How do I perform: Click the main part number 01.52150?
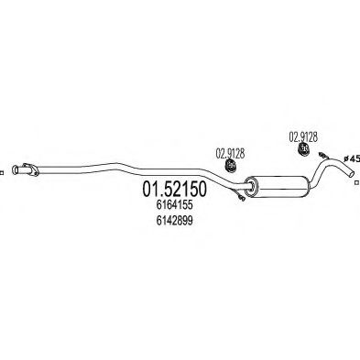pyautogui.click(x=174, y=189)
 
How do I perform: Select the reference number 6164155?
pyautogui.click(x=174, y=205)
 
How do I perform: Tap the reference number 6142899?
pyautogui.click(x=174, y=221)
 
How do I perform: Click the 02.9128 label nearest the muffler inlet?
pyautogui.click(x=230, y=154)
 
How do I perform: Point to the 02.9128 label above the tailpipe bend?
pyautogui.click(x=303, y=136)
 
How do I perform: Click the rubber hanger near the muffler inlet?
pyautogui.click(x=231, y=165)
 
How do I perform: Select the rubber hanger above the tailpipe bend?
pyautogui.click(x=303, y=148)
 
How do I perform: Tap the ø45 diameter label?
pyautogui.click(x=352, y=158)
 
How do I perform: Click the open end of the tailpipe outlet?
pyautogui.click(x=352, y=173)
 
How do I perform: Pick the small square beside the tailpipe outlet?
pyautogui.click(x=356, y=182)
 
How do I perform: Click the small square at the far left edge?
pyautogui.click(x=1, y=173)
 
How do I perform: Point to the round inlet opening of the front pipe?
pyautogui.click(x=15, y=170)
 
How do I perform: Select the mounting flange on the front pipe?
pyautogui.click(x=30, y=169)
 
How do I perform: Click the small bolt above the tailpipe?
pyautogui.click(x=323, y=155)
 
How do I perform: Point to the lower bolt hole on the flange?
pyautogui.click(x=36, y=174)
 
